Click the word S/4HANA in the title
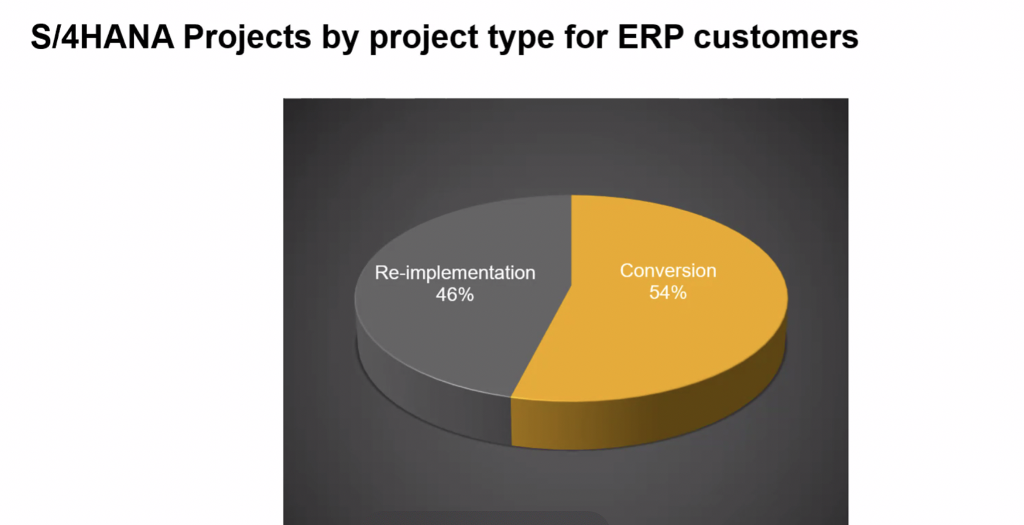click(x=102, y=37)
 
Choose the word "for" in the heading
click(x=586, y=37)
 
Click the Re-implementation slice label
click(x=455, y=273)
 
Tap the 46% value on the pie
click(x=455, y=295)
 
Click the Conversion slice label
click(x=668, y=271)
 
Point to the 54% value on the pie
click(x=668, y=293)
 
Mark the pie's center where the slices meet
click(x=571, y=286)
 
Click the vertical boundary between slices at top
click(x=571, y=241)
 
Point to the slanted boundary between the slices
click(x=541, y=342)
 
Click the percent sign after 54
click(x=679, y=293)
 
